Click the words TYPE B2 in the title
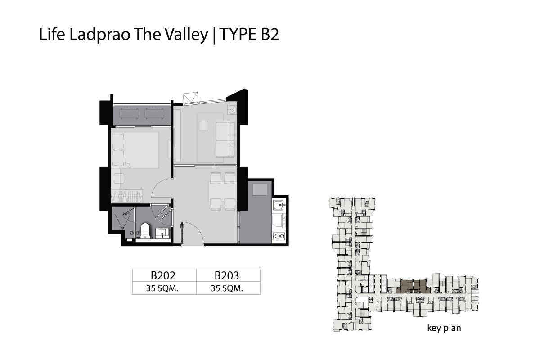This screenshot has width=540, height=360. click(x=249, y=34)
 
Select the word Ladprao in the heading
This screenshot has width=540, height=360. click(x=100, y=35)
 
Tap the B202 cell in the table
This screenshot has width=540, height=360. click(x=163, y=275)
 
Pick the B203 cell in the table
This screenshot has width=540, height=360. click(x=227, y=275)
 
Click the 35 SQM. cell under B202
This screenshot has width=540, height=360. click(x=162, y=288)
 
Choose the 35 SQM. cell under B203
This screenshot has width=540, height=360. click(x=227, y=288)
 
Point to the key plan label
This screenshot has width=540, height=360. click(x=444, y=328)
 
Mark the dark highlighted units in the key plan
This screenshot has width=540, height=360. click(x=413, y=287)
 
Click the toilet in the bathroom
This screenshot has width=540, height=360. click(x=145, y=230)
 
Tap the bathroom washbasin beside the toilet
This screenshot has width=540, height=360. click(x=162, y=233)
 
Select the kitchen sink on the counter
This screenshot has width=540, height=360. click(x=279, y=205)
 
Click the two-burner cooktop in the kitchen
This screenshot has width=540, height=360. click(x=279, y=236)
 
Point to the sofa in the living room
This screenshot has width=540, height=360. click(x=225, y=139)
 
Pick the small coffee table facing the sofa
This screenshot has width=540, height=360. click(x=204, y=126)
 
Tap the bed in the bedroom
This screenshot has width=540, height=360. click(x=135, y=150)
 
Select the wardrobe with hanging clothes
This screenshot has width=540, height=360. click(x=127, y=196)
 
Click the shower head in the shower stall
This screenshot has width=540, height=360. click(x=126, y=213)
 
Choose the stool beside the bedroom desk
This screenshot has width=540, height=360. click(x=119, y=179)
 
